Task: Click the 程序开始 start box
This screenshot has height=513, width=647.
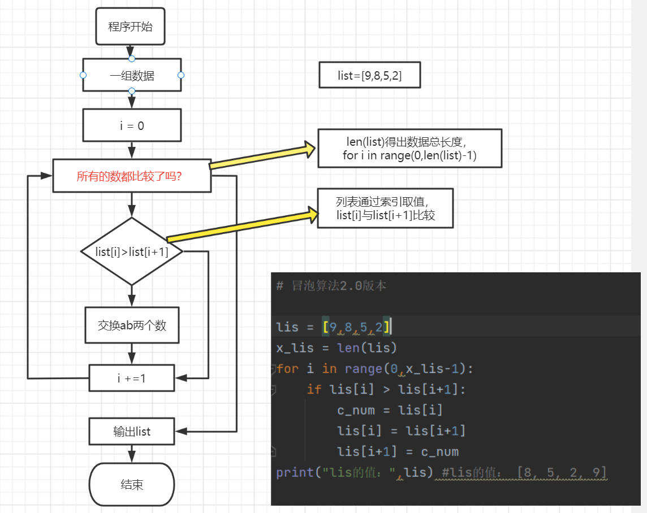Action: click(x=131, y=27)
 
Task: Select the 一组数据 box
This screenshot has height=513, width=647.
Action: click(x=132, y=75)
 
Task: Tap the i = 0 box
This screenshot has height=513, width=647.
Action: click(x=132, y=125)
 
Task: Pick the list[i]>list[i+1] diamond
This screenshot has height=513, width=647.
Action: click(x=132, y=251)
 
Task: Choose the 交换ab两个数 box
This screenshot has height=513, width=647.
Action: click(x=132, y=325)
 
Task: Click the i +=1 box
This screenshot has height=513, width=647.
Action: click(x=132, y=378)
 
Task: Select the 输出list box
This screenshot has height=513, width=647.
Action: click(x=132, y=432)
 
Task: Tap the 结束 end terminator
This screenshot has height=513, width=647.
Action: click(x=132, y=484)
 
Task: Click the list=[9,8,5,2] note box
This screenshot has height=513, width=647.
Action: click(x=370, y=75)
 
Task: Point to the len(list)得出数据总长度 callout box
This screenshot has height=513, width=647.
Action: click(x=409, y=148)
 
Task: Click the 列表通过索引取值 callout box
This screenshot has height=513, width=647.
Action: click(x=385, y=208)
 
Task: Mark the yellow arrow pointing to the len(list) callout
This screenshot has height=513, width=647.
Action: click(x=262, y=156)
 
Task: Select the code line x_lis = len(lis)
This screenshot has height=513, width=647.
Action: click(x=337, y=347)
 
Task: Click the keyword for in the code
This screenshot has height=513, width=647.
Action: click(x=287, y=369)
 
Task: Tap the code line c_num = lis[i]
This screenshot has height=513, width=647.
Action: click(x=390, y=410)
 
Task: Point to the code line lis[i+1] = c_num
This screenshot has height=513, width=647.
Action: click(x=398, y=451)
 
